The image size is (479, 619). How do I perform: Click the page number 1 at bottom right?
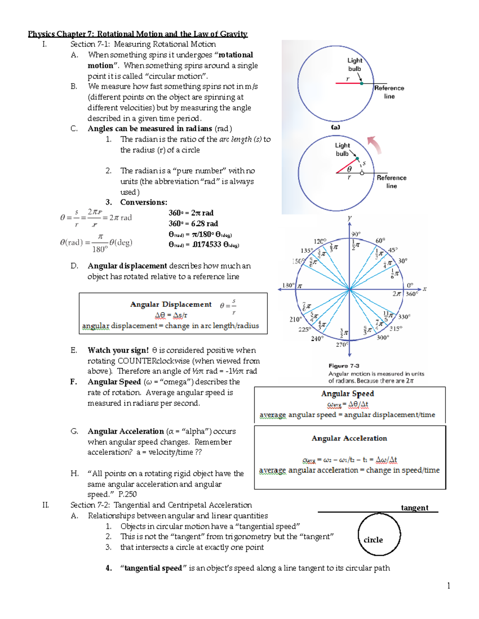tap(449, 586)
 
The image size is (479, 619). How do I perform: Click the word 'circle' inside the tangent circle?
tap(373, 540)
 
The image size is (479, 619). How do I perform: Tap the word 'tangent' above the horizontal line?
tap(414, 507)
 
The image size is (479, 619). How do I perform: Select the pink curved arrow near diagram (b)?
tap(374, 144)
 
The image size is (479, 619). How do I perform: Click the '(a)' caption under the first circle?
tap(335, 127)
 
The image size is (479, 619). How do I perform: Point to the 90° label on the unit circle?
tap(356, 234)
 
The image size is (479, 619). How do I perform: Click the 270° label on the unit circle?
tap(342, 344)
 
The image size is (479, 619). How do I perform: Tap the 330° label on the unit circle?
tap(404, 316)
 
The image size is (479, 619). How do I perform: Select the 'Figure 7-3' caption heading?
tap(344, 366)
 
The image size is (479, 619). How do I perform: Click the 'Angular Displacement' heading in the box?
tap(171, 304)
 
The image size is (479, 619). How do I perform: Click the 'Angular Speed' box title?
tap(347, 393)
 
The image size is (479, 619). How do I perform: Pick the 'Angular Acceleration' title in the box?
tap(349, 438)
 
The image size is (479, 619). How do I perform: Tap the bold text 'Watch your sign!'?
tap(118, 350)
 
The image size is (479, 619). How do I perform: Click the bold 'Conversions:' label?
tap(144, 202)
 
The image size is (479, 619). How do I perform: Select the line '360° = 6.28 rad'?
tap(193, 223)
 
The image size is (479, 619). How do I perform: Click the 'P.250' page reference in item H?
tap(128, 494)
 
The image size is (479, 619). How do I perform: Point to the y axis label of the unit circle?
tap(349, 218)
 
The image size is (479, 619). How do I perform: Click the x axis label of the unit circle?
tap(425, 289)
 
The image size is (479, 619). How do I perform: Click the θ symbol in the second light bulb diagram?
tap(349, 169)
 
